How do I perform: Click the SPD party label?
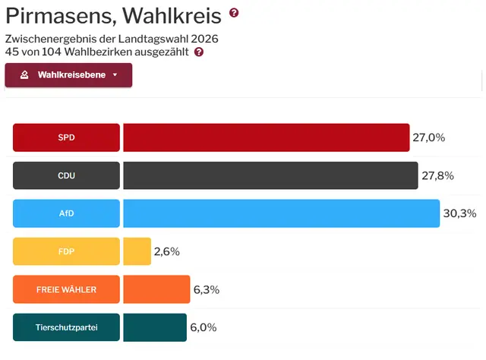pyautogui.click(x=67, y=137)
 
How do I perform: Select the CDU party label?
pyautogui.click(x=67, y=175)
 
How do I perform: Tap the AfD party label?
pyautogui.click(x=67, y=213)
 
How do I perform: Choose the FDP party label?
pyautogui.click(x=67, y=251)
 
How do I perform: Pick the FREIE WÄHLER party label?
pyautogui.click(x=67, y=289)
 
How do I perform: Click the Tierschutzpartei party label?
pyautogui.click(x=67, y=327)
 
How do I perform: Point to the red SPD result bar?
pyautogui.click(x=266, y=137)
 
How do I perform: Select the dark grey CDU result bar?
pyautogui.click(x=270, y=175)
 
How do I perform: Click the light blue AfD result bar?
pyautogui.click(x=281, y=213)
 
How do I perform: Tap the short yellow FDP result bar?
pyautogui.click(x=137, y=251)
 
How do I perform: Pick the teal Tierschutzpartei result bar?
pyautogui.click(x=154, y=327)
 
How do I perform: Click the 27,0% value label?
pyautogui.click(x=428, y=137)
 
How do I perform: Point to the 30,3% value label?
pyautogui.click(x=459, y=213)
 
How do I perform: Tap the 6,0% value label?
pyautogui.click(x=204, y=327)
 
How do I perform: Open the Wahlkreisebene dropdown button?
pyautogui.click(x=68, y=75)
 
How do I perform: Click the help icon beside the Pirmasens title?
pyautogui.click(x=234, y=13)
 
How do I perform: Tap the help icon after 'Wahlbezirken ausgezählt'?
pyautogui.click(x=199, y=52)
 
